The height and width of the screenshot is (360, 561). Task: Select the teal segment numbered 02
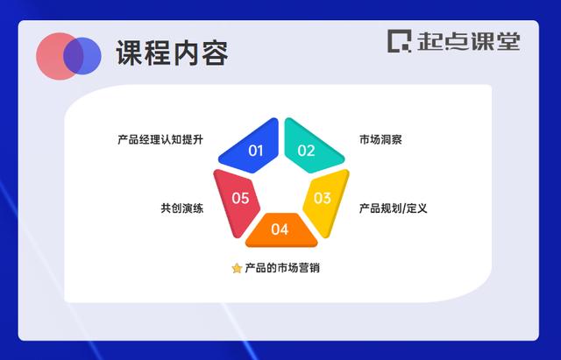tap(309, 147)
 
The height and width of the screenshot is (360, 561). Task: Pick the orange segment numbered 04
tap(280, 229)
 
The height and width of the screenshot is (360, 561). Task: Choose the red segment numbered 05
tap(237, 201)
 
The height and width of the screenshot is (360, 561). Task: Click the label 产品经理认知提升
tap(160, 139)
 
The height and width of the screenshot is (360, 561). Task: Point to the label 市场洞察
tap(380, 139)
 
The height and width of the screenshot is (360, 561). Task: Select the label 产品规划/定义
tap(394, 208)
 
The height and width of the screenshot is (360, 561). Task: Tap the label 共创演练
tap(182, 208)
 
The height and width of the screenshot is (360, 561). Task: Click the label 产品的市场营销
tap(282, 268)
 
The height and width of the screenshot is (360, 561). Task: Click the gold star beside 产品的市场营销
tap(237, 268)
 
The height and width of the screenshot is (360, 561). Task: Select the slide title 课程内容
tap(172, 53)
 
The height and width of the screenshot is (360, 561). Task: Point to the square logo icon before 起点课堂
tap(399, 41)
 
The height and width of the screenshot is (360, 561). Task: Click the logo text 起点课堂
tap(469, 41)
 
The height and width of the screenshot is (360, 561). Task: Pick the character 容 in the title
tap(215, 53)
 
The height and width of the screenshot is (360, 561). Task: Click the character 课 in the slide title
tap(129, 53)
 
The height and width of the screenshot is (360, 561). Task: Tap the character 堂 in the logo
tap(508, 41)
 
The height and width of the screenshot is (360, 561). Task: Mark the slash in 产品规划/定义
tap(403, 208)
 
